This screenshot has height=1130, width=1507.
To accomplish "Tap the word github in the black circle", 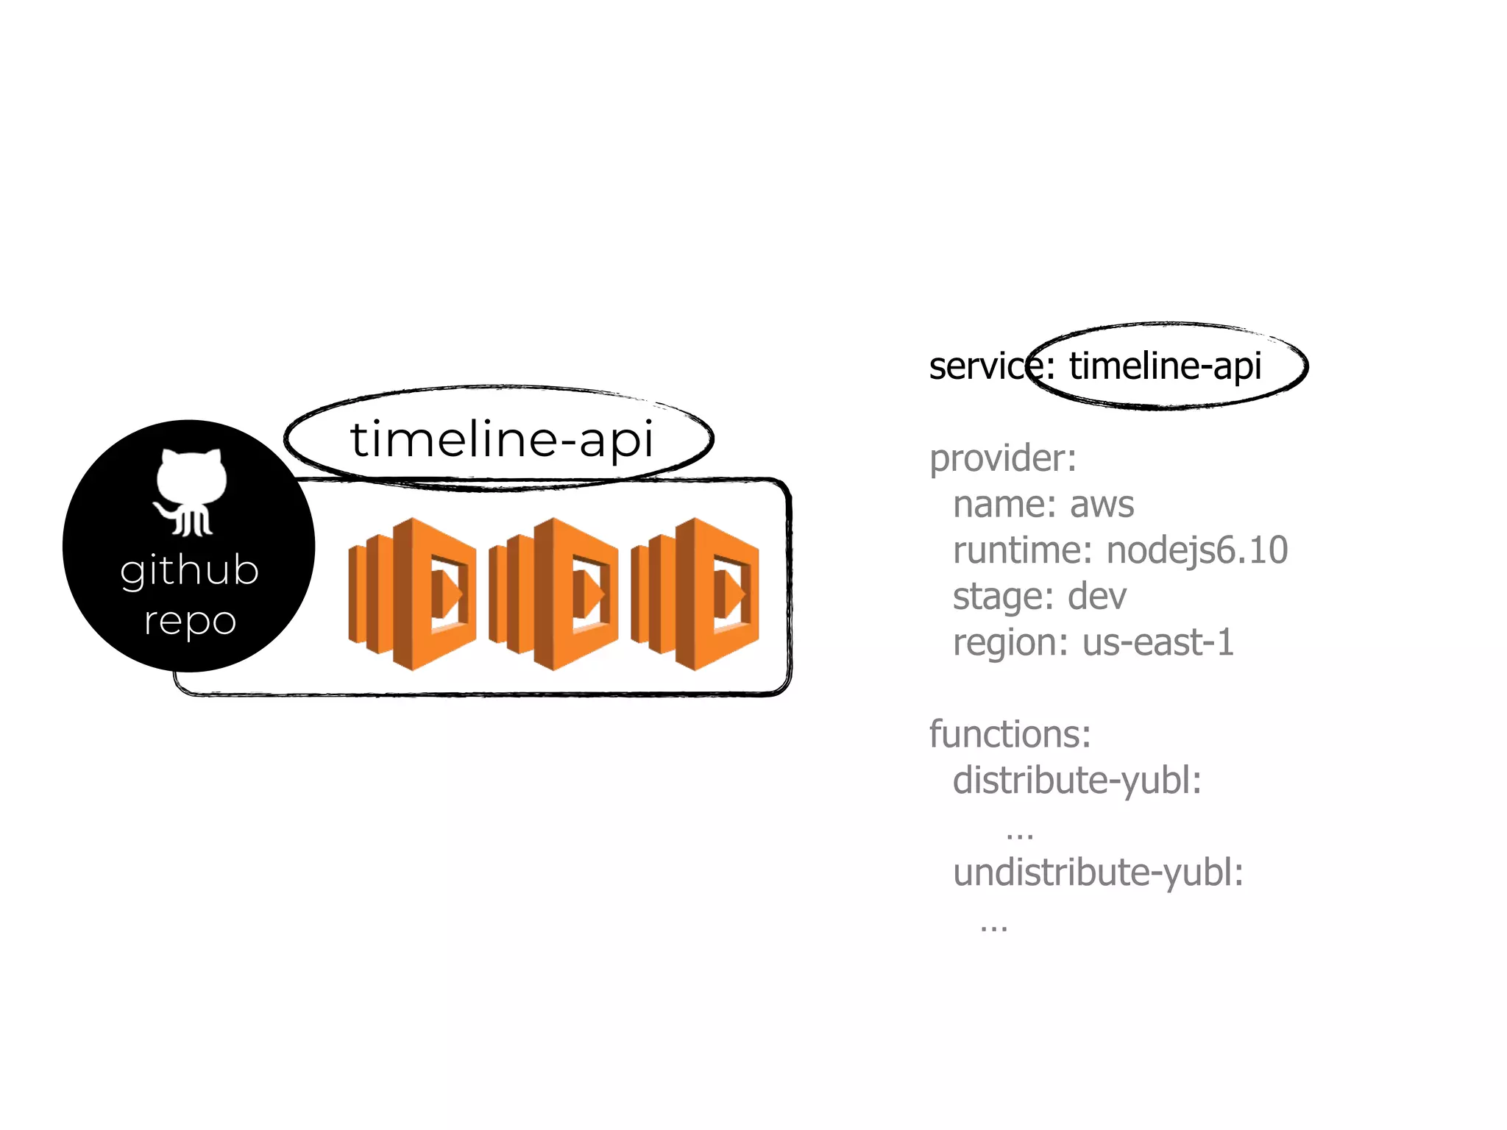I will point(190,572).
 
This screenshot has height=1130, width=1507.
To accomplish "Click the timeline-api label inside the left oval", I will point(502,439).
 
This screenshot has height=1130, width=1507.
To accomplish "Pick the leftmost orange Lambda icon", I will point(412,594).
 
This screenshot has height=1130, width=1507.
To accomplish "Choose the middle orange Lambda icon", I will point(553,594).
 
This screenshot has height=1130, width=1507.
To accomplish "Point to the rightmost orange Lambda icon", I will point(695,594).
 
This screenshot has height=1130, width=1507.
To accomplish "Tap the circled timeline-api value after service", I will point(1165,366).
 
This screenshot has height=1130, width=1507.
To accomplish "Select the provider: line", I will point(1003,459).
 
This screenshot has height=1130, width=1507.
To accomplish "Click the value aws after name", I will point(1102,505).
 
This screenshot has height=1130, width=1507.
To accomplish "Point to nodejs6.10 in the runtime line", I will point(1197,551).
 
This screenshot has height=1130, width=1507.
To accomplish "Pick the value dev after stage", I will point(1096,597).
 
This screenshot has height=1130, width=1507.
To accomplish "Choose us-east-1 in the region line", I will point(1158,642).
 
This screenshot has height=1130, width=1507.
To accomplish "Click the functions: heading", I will point(1010,734).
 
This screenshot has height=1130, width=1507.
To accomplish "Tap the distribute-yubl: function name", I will point(1077,781).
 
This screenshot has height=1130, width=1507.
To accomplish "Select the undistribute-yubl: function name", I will point(1098,873).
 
